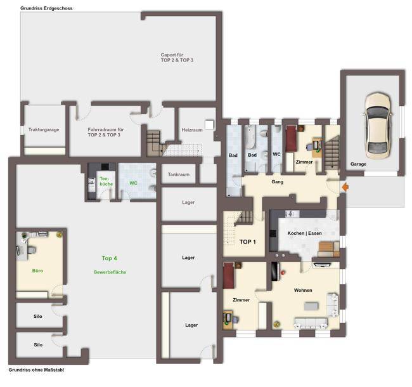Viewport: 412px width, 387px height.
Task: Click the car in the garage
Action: point(378,126)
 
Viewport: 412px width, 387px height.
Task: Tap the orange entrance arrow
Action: point(345,187)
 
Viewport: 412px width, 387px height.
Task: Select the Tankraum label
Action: point(179,174)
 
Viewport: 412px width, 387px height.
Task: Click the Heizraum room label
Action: point(192,130)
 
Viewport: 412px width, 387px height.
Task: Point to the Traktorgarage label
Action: point(44,129)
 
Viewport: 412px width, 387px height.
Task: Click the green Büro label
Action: point(37,271)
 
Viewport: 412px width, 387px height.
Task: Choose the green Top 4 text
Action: point(109,258)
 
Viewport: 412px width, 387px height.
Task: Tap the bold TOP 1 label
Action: point(247,242)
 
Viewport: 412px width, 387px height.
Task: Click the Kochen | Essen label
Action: point(304,233)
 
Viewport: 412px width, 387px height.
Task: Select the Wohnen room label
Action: point(303,291)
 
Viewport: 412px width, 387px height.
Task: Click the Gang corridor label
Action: point(278,181)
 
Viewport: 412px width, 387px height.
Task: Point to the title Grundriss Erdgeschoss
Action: point(46,8)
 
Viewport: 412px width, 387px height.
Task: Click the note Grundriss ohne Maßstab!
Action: point(36,370)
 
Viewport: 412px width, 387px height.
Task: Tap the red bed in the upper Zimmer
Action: point(291,138)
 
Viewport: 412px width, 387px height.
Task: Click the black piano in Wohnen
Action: point(274,272)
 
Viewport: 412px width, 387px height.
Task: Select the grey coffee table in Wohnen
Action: point(311,306)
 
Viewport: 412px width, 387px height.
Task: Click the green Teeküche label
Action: point(106,181)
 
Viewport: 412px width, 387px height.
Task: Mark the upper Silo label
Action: point(38,317)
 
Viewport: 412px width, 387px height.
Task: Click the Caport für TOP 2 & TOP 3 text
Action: point(177,58)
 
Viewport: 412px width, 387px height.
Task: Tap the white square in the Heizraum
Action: point(209,124)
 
